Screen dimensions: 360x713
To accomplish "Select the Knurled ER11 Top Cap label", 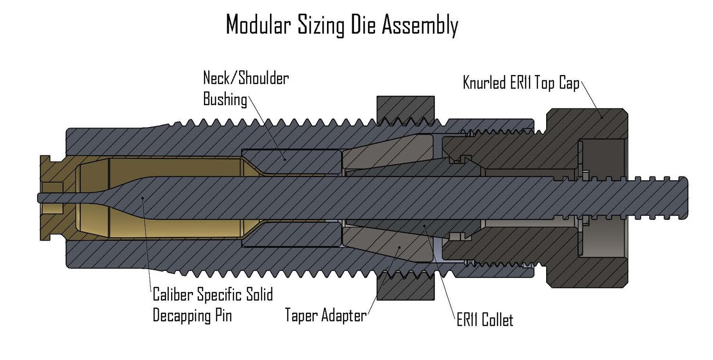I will pos(521,84).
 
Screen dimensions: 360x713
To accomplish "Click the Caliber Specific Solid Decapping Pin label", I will pos(212,304).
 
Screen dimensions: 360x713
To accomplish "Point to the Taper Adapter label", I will pos(326,315).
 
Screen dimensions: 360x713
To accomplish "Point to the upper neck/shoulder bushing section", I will pos(291,161).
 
